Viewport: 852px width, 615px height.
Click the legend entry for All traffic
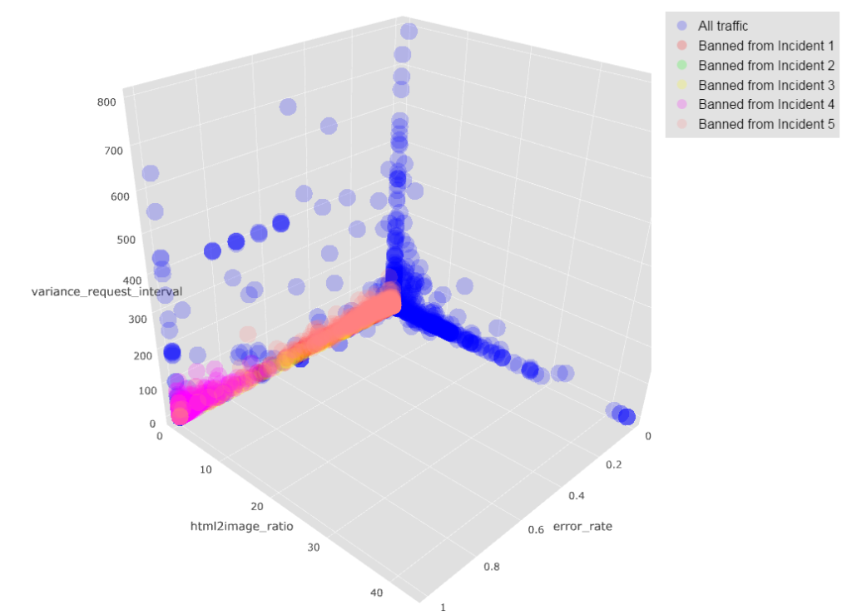point(723,26)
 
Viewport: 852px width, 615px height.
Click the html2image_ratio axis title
point(241,526)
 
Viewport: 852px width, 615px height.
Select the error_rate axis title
point(582,526)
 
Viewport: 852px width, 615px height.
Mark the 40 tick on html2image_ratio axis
point(376,593)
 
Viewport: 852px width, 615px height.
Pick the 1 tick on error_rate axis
point(443,607)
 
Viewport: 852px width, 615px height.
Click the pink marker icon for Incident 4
point(681,105)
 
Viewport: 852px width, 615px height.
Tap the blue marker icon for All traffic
point(681,26)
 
